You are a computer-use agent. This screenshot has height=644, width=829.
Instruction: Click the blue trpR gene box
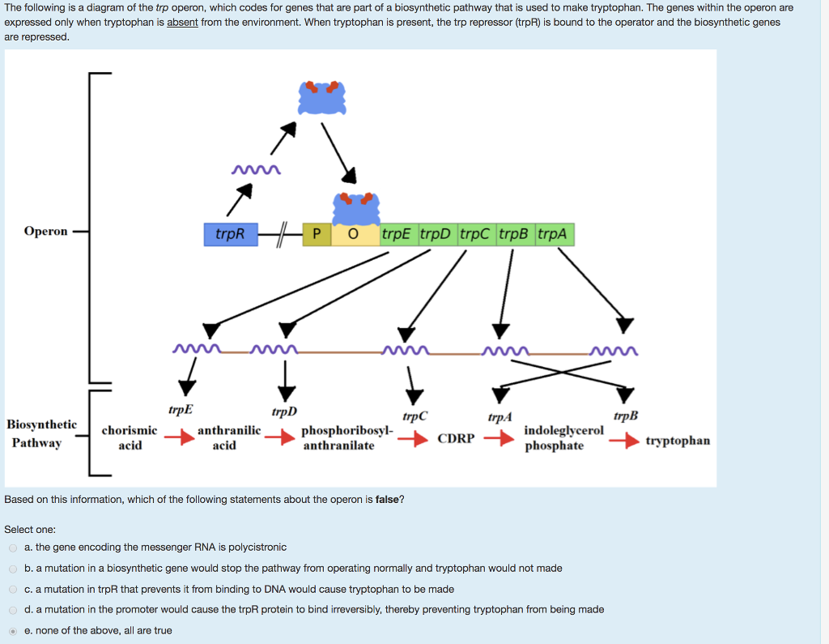click(230, 235)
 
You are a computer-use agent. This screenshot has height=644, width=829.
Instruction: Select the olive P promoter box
click(317, 235)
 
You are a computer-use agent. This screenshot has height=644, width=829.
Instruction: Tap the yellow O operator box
click(353, 235)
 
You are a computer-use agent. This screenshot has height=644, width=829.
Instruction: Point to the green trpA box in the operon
click(554, 235)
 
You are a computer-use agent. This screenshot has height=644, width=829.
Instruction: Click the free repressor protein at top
click(322, 98)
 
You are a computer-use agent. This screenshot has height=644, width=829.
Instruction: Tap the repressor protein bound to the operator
click(357, 209)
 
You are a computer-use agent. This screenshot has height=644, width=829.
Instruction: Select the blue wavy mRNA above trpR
click(256, 170)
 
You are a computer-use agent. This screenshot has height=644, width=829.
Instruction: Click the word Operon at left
click(46, 232)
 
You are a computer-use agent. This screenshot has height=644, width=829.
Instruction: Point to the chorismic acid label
click(130, 438)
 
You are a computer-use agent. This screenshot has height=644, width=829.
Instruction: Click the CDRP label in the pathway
click(456, 439)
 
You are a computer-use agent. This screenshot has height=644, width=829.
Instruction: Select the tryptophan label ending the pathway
click(678, 441)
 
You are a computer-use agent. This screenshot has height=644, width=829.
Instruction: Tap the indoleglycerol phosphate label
click(563, 438)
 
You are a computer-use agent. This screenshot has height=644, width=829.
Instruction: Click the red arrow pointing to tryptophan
click(623, 441)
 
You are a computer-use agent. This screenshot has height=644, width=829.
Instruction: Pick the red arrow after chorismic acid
click(176, 438)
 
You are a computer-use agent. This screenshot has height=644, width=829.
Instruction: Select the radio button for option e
click(13, 630)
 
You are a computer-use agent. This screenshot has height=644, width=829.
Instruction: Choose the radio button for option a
click(13, 548)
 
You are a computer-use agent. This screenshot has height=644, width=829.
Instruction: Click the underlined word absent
click(182, 22)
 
